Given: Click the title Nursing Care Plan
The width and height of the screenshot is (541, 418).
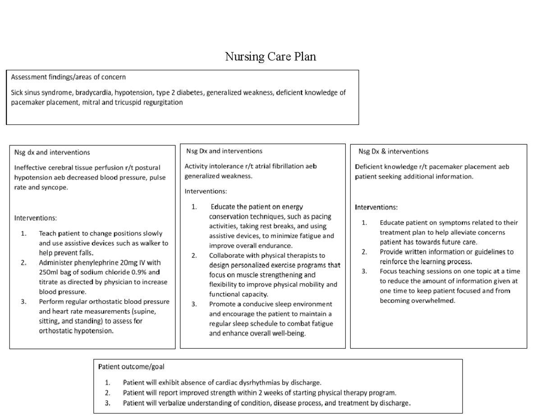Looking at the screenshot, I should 270,57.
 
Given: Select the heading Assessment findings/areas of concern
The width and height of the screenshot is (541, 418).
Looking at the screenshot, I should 68,77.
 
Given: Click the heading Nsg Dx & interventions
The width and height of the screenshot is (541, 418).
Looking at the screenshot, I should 393,151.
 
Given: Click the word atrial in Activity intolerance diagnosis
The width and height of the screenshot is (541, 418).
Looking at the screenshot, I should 253,166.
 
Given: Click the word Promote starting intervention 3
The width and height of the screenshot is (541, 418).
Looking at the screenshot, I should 222,304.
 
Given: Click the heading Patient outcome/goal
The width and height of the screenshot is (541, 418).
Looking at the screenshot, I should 131,367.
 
